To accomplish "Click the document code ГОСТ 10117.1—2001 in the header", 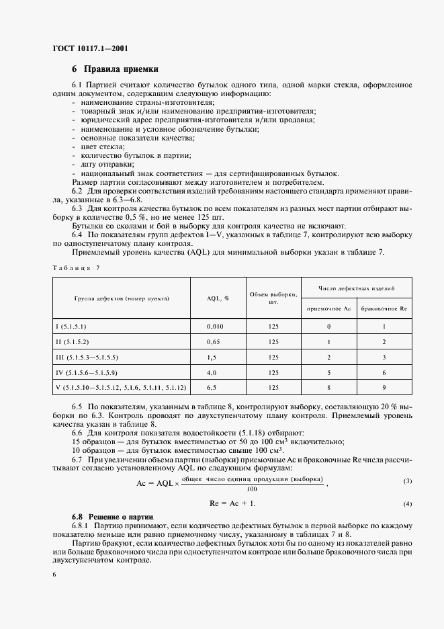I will click(91, 48).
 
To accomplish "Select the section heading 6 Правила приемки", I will click(116, 69).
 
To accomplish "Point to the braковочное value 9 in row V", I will click(384, 388).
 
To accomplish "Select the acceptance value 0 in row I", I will click(328, 327).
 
